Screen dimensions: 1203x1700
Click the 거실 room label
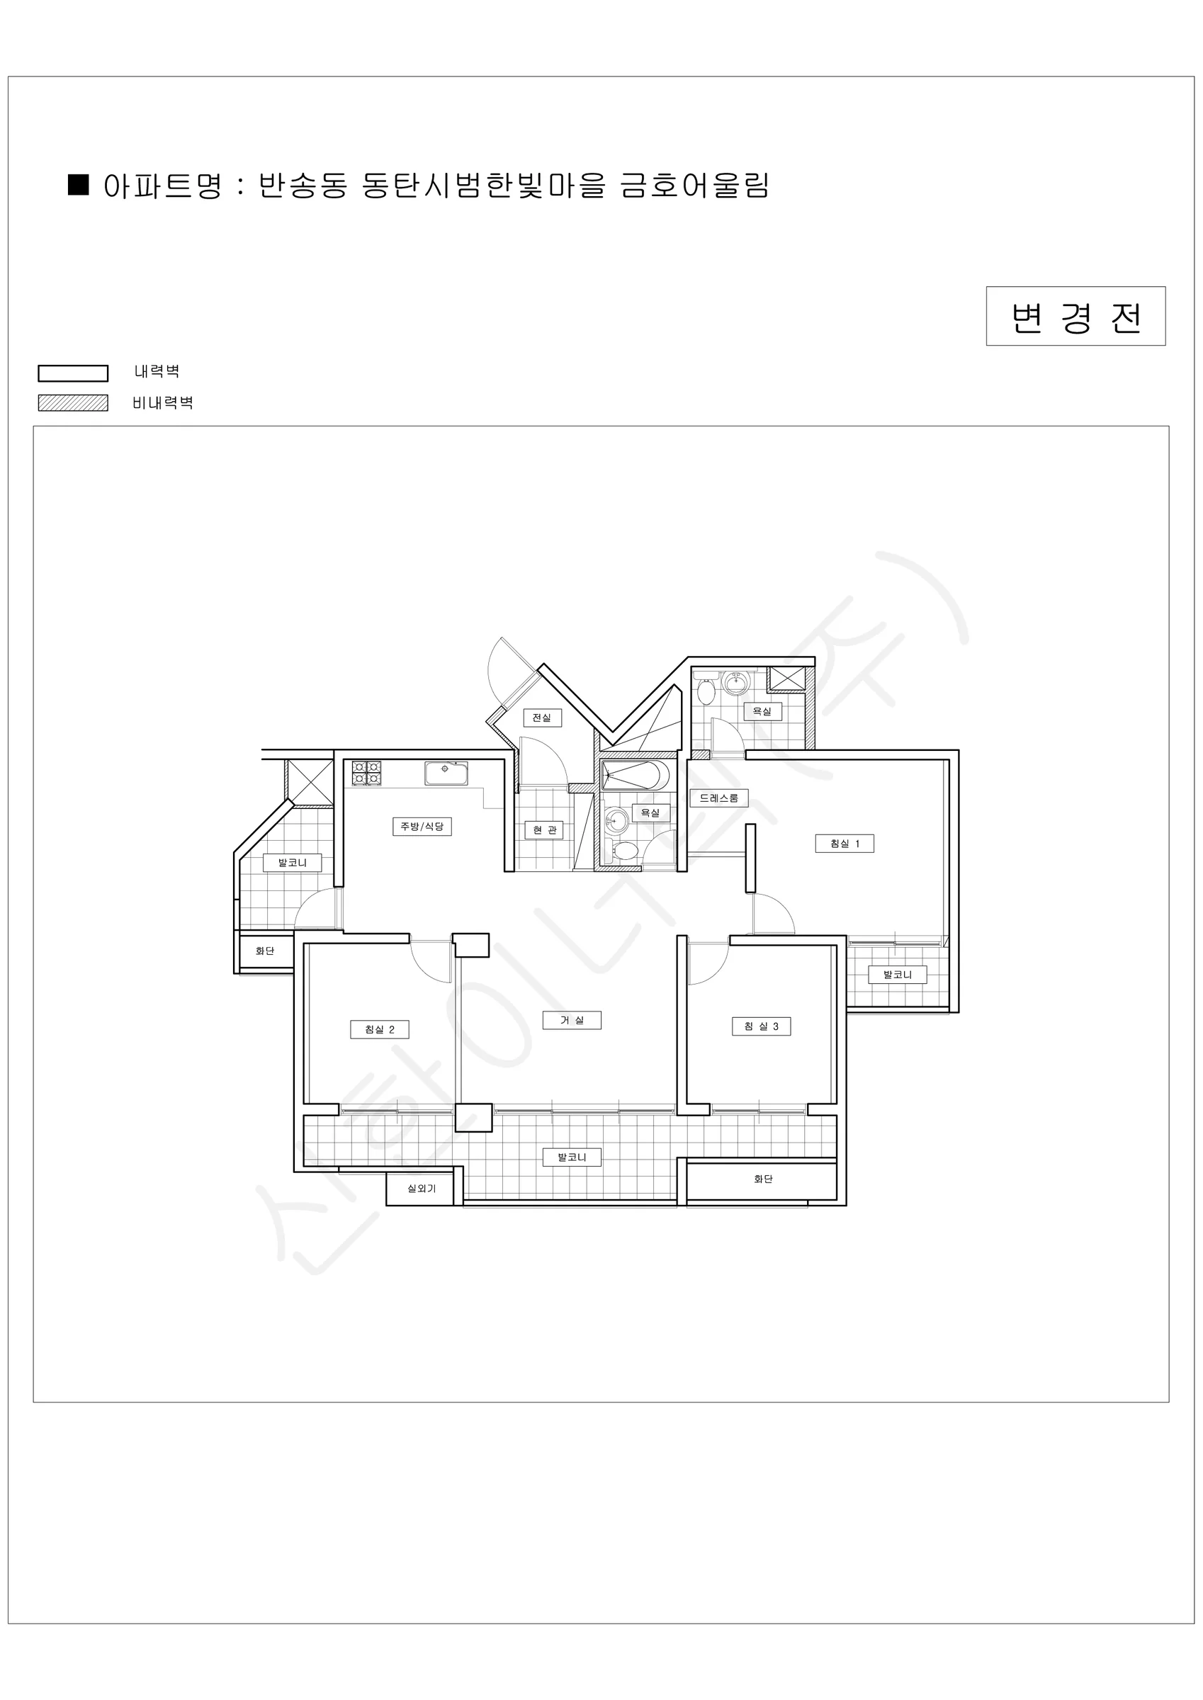[x=571, y=1020]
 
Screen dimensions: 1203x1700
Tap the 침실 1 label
[x=845, y=844]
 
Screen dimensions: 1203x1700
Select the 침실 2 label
[x=379, y=1029]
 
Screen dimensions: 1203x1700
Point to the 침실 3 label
[x=762, y=1026]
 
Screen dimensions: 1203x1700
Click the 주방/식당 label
[x=422, y=827]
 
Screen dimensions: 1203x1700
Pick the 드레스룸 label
[x=719, y=798]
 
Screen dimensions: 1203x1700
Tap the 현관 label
[x=544, y=830]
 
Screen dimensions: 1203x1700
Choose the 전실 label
[x=542, y=718]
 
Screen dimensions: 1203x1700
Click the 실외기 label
[x=422, y=1189]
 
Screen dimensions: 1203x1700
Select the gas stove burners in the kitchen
[x=367, y=773]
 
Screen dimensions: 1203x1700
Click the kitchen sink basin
[x=446, y=773]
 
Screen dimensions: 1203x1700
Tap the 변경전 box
[x=1075, y=316]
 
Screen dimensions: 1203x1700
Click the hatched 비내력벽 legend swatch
[x=74, y=403]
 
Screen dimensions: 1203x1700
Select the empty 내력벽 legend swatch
[x=74, y=373]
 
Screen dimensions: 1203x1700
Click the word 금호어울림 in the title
[x=695, y=185]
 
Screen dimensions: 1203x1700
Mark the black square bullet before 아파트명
[x=79, y=184]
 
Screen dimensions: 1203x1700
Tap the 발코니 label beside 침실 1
[x=898, y=975]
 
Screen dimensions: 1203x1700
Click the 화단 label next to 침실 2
[x=264, y=951]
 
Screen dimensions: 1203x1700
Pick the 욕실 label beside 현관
[x=650, y=813]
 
